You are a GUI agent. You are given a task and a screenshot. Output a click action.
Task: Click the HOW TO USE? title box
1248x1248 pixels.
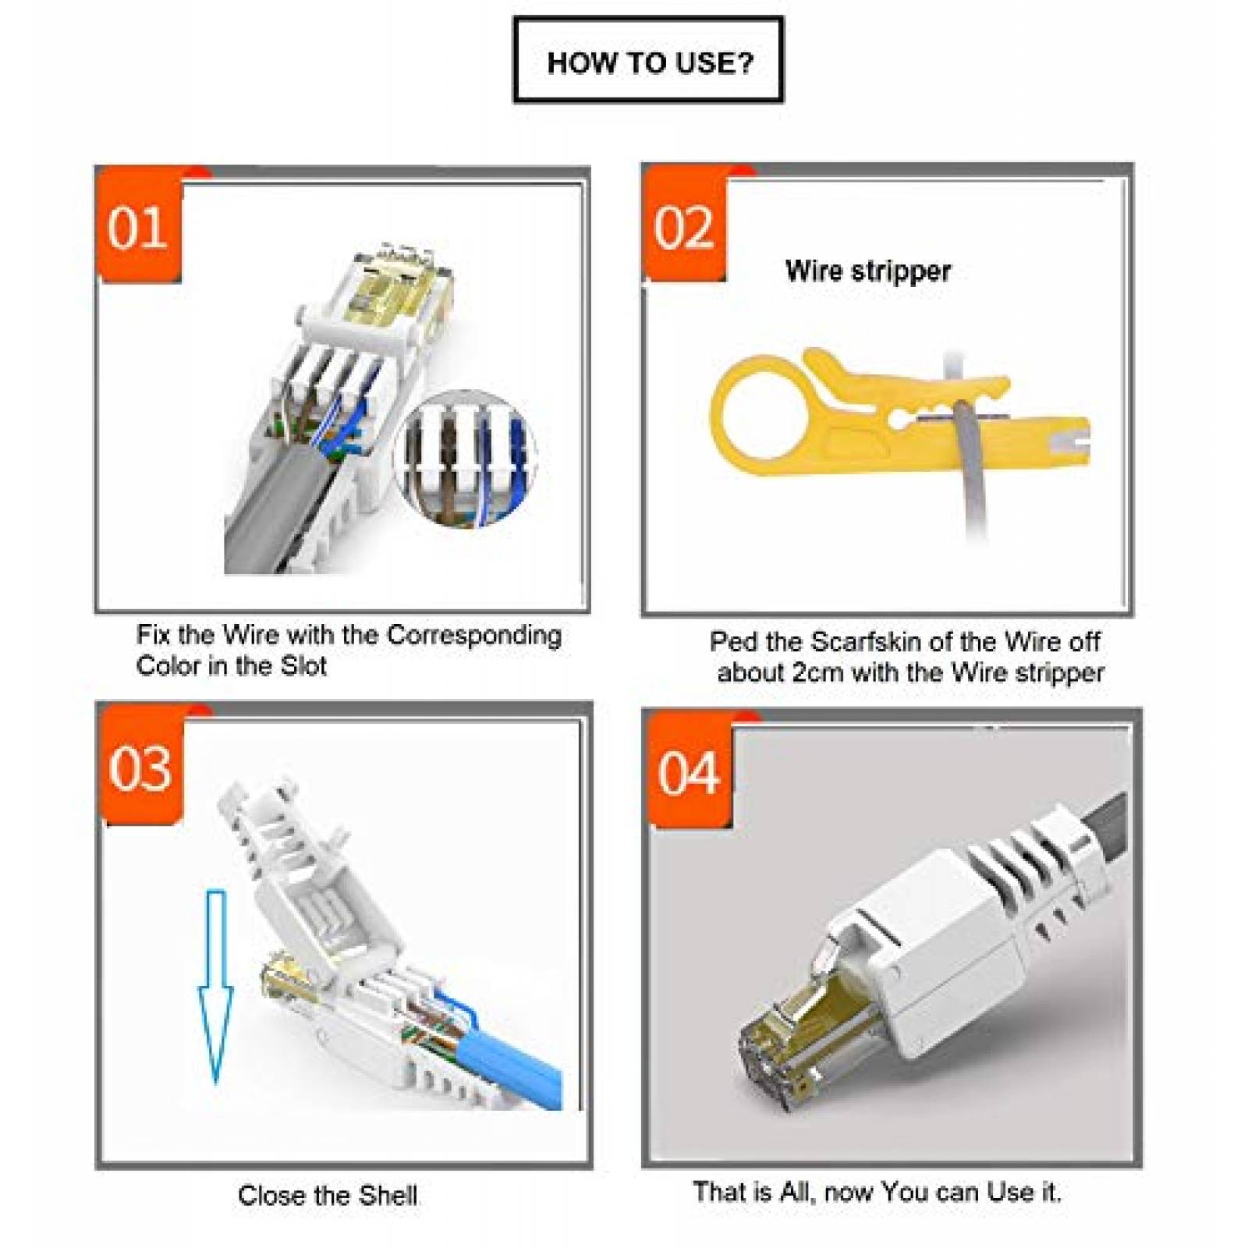click(648, 61)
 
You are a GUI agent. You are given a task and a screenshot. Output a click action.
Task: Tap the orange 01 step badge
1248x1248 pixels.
click(138, 227)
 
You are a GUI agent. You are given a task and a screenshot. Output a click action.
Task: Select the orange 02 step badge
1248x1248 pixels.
click(684, 227)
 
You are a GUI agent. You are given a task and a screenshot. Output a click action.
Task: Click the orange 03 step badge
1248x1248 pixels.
click(140, 768)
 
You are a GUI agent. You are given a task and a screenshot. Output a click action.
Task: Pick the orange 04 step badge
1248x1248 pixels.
click(688, 772)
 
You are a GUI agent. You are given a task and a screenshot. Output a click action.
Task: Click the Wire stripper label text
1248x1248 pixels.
click(867, 271)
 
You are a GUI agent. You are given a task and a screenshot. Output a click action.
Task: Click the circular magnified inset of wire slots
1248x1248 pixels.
click(466, 459)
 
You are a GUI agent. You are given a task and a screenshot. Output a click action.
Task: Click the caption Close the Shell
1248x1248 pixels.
click(328, 1195)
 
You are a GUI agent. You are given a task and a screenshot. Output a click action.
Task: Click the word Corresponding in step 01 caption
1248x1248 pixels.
click(474, 635)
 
